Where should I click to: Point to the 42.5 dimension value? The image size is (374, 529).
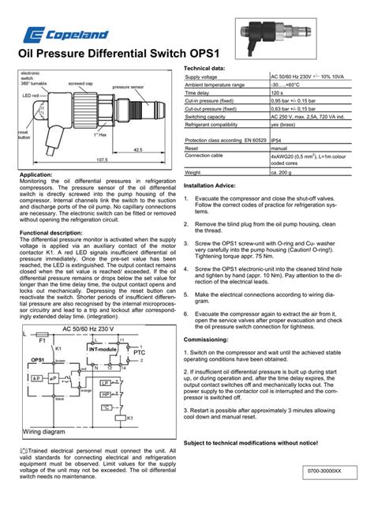point(137,148)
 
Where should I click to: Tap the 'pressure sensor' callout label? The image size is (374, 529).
point(127,87)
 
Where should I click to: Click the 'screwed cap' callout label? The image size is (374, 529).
point(81,82)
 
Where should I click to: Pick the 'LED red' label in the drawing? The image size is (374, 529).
point(31,95)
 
